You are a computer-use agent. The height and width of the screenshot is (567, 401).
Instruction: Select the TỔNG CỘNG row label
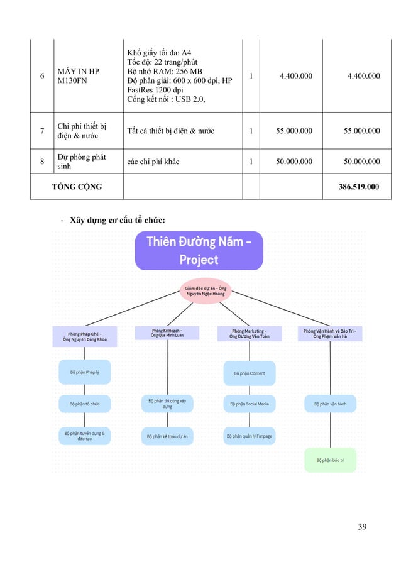tap(77, 187)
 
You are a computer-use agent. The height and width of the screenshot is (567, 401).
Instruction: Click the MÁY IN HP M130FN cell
tap(79, 76)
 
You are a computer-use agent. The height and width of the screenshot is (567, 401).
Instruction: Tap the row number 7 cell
tap(41, 131)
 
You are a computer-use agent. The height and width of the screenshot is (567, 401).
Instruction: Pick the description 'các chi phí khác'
tap(153, 162)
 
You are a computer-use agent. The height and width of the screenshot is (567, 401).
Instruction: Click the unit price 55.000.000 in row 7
tap(294, 131)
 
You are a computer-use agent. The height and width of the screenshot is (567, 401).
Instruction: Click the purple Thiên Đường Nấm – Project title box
tap(199, 251)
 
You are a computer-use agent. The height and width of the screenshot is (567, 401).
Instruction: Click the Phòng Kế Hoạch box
tap(167, 333)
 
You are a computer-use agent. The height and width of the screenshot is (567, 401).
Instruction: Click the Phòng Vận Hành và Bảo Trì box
tap(330, 334)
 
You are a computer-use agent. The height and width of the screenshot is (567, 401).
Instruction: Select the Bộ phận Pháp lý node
tap(84, 372)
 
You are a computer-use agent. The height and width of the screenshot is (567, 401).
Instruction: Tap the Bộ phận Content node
tap(250, 373)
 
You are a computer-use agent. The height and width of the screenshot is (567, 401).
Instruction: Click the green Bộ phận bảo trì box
tap(330, 460)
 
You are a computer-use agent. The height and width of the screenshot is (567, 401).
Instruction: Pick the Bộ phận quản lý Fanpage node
tap(250, 435)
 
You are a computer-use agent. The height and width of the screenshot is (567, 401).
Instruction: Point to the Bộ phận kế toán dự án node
tap(167, 435)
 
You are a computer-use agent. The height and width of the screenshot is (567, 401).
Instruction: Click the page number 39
tap(362, 526)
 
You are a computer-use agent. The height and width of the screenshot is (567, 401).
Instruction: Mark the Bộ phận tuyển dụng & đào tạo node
tap(84, 435)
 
